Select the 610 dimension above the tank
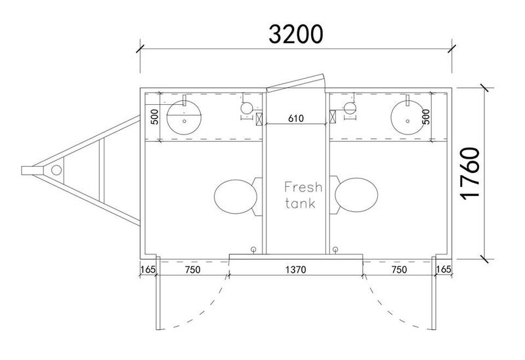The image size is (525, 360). (295, 119)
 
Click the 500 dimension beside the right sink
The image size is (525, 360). (427, 117)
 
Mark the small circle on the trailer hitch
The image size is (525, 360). (56, 170)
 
